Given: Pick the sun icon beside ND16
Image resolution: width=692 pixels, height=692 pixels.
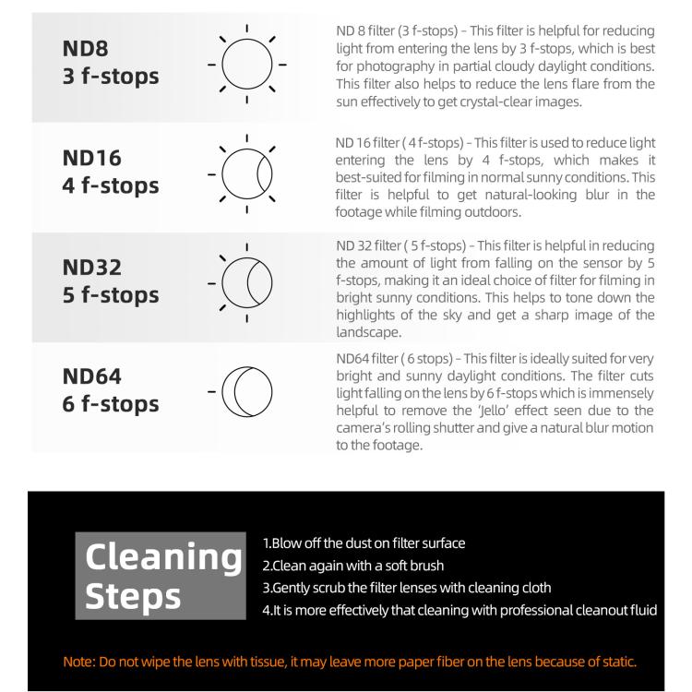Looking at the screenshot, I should click(x=246, y=173).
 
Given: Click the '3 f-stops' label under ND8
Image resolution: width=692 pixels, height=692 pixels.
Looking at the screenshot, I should click(x=110, y=76).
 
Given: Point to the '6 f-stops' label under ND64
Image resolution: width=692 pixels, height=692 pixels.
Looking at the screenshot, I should click(x=110, y=404).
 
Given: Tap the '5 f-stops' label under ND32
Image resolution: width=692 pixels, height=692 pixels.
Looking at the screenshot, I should click(x=110, y=295).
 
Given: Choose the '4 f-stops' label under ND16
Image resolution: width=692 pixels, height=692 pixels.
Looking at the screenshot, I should click(x=110, y=185).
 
